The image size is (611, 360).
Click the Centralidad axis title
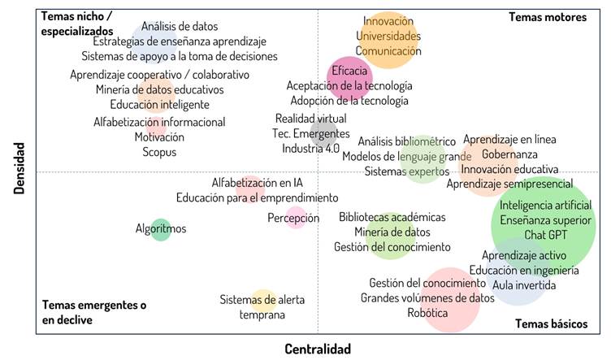point(318,349)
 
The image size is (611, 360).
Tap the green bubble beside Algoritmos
point(161,230)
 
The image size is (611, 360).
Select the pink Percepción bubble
point(297,218)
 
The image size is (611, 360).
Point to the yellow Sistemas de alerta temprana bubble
point(262,301)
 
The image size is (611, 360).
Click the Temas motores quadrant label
point(547,16)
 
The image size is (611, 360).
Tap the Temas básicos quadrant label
point(551,323)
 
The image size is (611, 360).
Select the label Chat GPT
point(545,235)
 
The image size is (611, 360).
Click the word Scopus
point(159,152)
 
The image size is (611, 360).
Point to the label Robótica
point(428,313)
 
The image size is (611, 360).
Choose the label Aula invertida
point(524,285)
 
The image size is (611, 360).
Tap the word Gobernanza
point(509,154)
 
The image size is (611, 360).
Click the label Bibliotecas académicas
point(392,217)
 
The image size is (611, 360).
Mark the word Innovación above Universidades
point(388,22)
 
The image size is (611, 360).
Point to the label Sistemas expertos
point(405,171)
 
